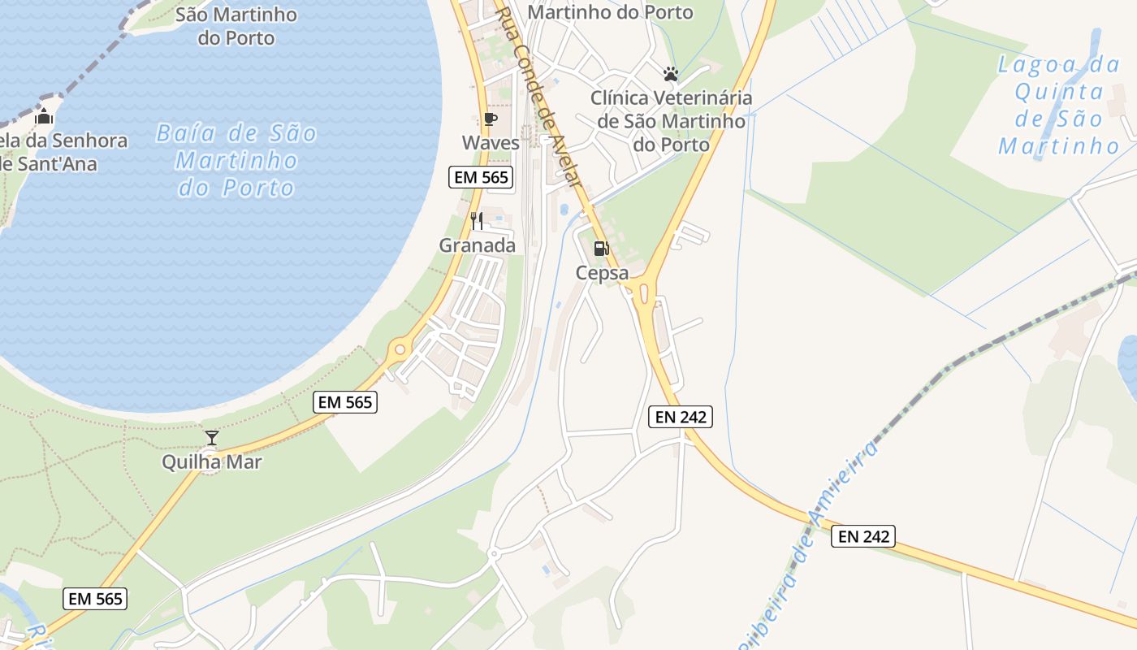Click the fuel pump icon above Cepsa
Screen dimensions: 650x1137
[x=601, y=249]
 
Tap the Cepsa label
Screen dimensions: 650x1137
[x=602, y=273]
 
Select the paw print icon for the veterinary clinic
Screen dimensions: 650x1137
[x=670, y=74]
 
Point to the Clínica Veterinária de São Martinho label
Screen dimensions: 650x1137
[x=671, y=121]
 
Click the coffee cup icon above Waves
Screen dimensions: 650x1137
[x=490, y=119]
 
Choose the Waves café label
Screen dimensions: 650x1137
[x=491, y=143]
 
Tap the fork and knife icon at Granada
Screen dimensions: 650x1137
[x=478, y=220]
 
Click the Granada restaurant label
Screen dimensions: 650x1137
[x=478, y=245]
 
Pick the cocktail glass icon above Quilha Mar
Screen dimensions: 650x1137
[x=212, y=438]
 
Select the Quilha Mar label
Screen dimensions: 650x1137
[x=212, y=462]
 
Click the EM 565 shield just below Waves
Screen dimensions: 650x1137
[x=482, y=177]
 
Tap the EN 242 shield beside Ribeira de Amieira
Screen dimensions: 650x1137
[x=862, y=536]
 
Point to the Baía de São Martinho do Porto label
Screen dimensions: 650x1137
[x=236, y=160]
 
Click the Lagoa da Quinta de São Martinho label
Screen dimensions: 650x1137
[x=1059, y=106]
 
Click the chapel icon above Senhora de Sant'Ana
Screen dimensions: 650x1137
[x=44, y=117]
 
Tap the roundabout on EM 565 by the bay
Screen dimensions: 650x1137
[x=398, y=351]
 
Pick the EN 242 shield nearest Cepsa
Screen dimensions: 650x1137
[x=681, y=418]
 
